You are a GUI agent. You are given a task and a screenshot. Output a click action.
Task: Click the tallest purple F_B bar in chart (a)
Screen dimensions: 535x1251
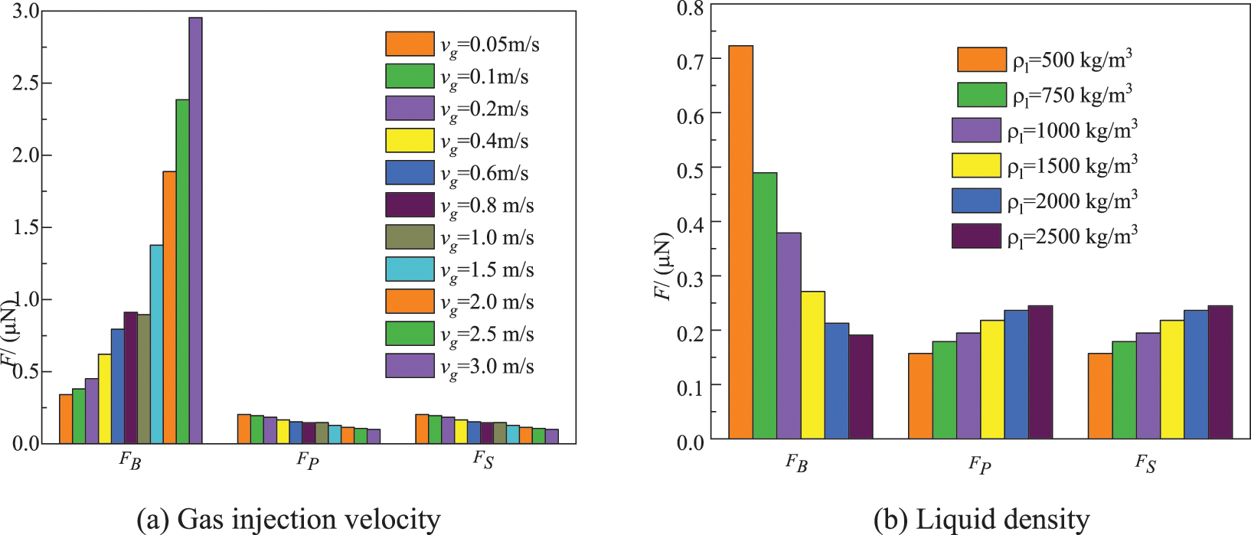[x=195, y=230]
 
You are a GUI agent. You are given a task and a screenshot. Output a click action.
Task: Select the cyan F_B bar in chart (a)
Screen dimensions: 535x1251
[x=156, y=344]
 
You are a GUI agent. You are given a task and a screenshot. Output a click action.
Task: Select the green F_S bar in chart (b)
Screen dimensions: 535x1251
[x=1124, y=390]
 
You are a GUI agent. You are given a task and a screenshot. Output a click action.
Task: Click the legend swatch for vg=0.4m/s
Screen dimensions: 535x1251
[x=410, y=141]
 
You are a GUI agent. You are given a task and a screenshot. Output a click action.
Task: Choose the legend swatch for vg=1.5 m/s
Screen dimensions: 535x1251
[x=410, y=269]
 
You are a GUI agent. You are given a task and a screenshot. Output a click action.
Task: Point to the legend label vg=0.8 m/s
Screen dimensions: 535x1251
[x=487, y=206]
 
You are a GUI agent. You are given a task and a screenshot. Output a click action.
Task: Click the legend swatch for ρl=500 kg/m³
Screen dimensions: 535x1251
[x=982, y=60]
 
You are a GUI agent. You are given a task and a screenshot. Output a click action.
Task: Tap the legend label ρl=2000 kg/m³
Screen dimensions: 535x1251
[x=1072, y=201]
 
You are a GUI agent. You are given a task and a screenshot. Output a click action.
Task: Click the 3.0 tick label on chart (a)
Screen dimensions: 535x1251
[x=25, y=11]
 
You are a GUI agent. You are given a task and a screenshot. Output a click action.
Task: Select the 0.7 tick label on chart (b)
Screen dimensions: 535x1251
[x=691, y=60]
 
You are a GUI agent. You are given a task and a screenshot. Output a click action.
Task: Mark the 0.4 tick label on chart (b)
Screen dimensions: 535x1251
[x=691, y=223]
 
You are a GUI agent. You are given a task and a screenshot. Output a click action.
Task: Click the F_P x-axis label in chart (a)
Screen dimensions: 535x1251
[x=308, y=460]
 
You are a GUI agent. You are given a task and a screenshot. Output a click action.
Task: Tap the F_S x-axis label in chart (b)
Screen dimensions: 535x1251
[x=1145, y=463]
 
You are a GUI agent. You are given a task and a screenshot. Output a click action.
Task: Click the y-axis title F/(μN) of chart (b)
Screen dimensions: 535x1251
[x=663, y=266]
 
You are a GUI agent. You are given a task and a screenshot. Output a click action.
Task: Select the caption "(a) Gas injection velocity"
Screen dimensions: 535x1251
[x=288, y=520]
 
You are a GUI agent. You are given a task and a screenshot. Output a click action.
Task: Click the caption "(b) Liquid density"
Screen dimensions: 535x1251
[x=981, y=520]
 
